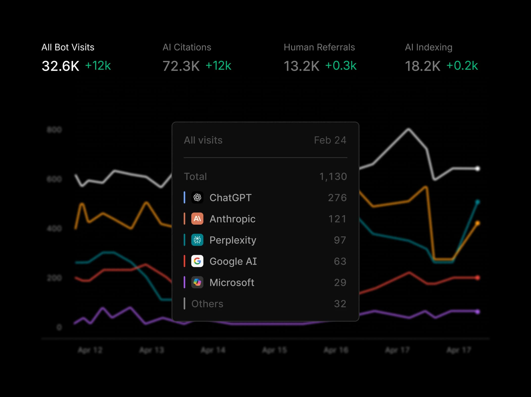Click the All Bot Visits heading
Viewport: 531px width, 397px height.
(68, 47)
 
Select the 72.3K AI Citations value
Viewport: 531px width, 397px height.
(181, 66)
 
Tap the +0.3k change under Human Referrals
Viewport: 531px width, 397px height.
(341, 66)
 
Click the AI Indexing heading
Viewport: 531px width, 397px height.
(428, 47)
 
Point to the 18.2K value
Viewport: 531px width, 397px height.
(422, 66)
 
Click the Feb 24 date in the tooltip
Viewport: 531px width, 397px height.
(330, 140)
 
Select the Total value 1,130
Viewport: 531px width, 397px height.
(333, 177)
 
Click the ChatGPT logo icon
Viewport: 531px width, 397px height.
(197, 197)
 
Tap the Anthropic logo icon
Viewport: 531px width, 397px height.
(197, 219)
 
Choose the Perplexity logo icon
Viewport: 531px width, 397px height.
(197, 240)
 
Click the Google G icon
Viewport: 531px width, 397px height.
(197, 261)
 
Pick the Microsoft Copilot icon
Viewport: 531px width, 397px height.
(197, 282)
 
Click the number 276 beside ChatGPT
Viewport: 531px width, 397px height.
(337, 198)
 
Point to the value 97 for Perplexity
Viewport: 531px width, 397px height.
(340, 240)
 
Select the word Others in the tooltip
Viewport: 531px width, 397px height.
(207, 304)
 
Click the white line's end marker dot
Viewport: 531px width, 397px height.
(477, 168)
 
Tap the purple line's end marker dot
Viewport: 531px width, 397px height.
(477, 312)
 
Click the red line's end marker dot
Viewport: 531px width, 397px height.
(477, 278)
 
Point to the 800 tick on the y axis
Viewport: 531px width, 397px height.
(54, 130)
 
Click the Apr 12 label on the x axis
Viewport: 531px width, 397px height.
(90, 350)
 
